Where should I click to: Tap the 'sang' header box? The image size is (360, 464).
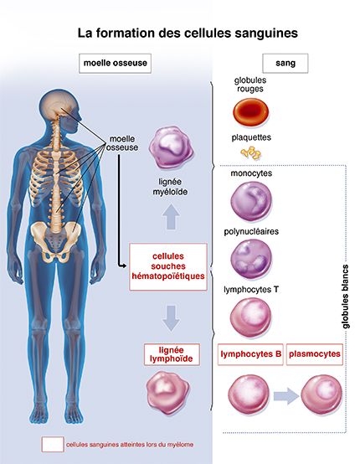point(285,62)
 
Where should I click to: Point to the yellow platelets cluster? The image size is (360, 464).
point(250,152)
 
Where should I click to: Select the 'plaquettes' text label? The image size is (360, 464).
point(251,137)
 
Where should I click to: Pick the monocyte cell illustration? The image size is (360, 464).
point(251,203)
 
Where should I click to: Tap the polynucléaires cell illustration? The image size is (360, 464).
point(251,258)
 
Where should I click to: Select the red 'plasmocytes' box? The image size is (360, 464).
point(315,355)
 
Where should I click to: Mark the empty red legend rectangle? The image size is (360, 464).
point(52,445)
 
